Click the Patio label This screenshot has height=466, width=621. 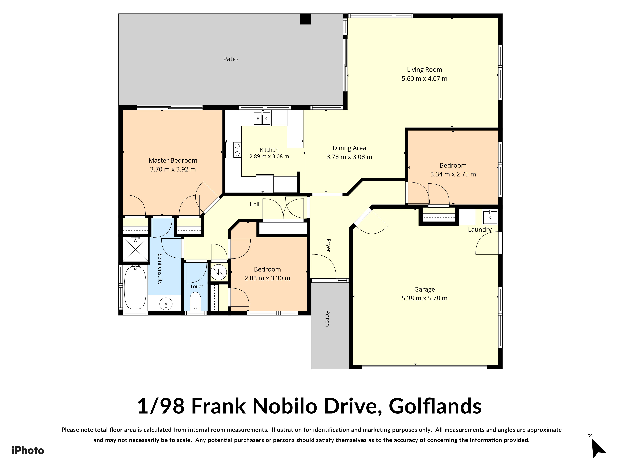pos(230,59)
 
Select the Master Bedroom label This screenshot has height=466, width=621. pos(173,160)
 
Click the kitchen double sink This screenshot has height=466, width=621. pos(262,118)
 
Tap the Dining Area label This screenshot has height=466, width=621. pos(349,148)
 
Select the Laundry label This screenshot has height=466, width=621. pos(480,229)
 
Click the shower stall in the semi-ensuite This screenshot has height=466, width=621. pos(136,249)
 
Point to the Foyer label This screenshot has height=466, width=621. pos(328,245)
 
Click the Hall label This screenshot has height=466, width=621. pos(254,204)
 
